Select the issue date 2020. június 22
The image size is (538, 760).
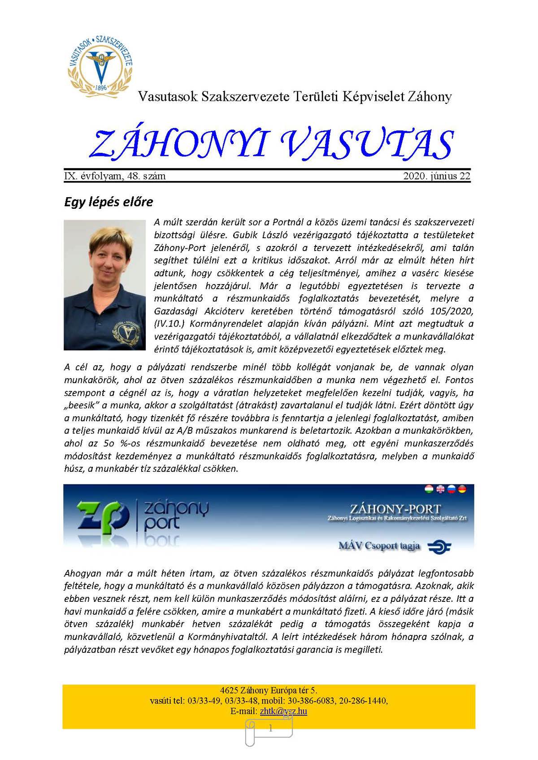[437, 176]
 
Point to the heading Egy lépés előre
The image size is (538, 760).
[108, 202]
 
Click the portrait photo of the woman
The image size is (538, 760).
[104, 285]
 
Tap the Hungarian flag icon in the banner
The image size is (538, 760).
[430, 489]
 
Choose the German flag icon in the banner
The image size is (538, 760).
[462, 489]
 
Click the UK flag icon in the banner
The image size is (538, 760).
[440, 489]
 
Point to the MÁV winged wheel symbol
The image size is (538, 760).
[439, 547]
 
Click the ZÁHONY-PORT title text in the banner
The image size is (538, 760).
[395, 510]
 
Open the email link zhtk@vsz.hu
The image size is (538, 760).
[283, 711]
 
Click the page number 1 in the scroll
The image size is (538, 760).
[270, 729]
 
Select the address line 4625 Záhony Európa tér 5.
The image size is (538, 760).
[269, 690]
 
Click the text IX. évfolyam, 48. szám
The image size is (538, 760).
[115, 176]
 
